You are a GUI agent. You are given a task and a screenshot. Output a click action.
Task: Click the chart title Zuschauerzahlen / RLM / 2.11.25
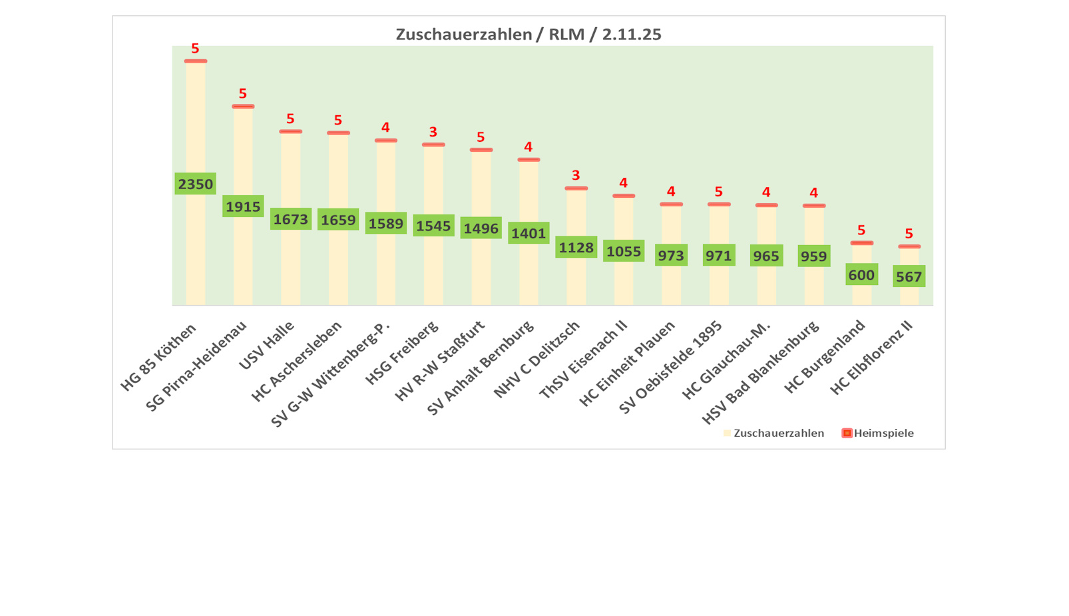coord(529,34)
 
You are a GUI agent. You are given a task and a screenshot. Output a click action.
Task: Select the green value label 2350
coord(195,184)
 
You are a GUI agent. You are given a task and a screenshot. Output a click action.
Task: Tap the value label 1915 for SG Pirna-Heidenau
coord(243,206)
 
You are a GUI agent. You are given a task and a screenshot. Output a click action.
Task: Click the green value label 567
coord(909,276)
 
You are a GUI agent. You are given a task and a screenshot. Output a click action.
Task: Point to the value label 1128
coord(576,248)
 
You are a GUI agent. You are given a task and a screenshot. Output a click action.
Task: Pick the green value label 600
coord(861,274)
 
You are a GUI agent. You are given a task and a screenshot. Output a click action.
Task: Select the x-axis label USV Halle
coord(266,344)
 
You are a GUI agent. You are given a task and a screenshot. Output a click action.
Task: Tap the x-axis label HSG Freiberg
coord(402,353)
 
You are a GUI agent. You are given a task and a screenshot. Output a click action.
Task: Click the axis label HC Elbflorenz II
coord(872,358)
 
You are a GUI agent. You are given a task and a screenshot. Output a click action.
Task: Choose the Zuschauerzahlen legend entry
coord(773,433)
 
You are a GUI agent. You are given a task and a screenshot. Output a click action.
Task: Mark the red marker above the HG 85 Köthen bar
coord(195,61)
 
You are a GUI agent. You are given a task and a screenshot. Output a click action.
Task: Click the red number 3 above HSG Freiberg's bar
coord(433,132)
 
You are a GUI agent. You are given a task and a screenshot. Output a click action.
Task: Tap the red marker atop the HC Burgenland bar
coord(861,243)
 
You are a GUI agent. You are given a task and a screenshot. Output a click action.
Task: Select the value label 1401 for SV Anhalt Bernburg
coord(529,233)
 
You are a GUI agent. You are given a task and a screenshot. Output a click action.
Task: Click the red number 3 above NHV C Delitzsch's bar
coord(576,175)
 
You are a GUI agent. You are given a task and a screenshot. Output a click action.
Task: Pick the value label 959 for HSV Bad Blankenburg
coord(813,256)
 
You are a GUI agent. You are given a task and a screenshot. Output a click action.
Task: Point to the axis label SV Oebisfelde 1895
coord(671,367)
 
